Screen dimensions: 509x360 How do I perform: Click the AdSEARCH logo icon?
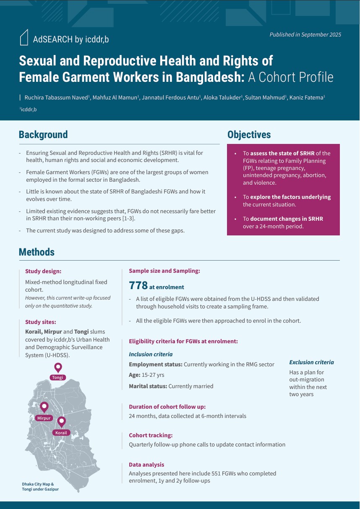[24, 37]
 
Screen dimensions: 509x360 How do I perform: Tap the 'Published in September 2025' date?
[305, 35]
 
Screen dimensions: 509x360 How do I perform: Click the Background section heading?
[43, 135]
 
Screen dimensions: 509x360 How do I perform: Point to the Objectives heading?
[249, 135]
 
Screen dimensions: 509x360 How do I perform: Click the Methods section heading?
[37, 252]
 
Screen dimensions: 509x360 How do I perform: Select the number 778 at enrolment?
[138, 286]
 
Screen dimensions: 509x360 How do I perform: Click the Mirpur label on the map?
[44, 418]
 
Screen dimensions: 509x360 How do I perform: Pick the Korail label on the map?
[61, 433]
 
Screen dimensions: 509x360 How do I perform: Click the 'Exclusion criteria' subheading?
[311, 362]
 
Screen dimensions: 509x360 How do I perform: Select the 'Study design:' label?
[43, 271]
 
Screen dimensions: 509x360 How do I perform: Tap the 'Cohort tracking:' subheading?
[151, 436]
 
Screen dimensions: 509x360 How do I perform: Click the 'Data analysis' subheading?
[146, 465]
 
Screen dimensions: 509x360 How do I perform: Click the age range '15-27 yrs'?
[152, 375]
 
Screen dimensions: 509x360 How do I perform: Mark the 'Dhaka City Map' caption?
[38, 484]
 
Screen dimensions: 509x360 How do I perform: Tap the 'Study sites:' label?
[41, 322]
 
